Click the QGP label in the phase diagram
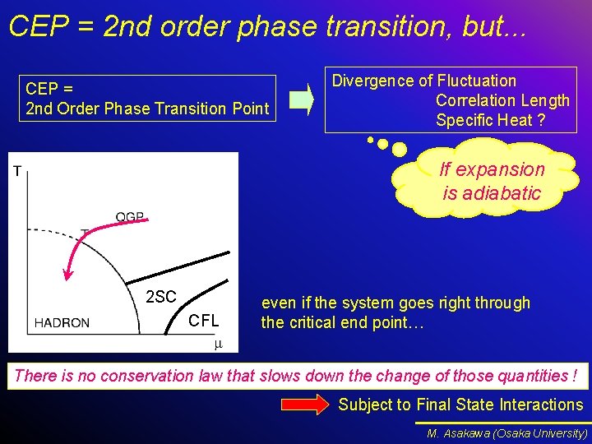130,217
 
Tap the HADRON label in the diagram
62,323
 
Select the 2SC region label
160,297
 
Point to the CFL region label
204,321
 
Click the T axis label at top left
16,171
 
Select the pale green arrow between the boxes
303,100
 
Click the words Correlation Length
502,100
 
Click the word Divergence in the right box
373,81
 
